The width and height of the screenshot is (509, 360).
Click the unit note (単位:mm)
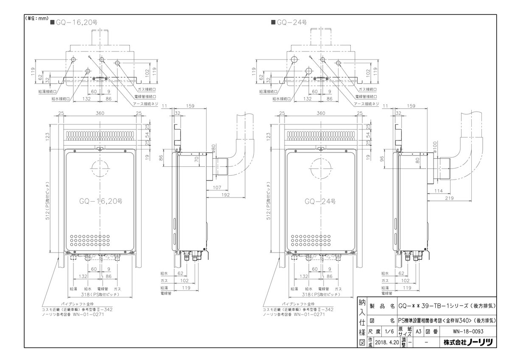37,18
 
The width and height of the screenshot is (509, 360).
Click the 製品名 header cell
383,305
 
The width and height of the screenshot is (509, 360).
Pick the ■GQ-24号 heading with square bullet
289,22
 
